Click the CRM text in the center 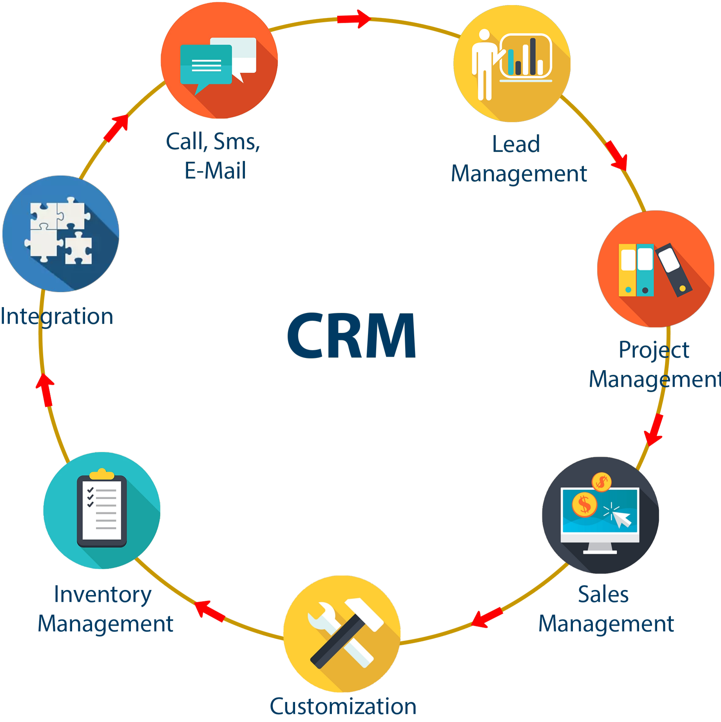(351, 335)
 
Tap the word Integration (57, 317)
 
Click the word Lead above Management (516, 144)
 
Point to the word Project (654, 349)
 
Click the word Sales (603, 594)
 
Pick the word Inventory (103, 594)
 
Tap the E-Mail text (215, 170)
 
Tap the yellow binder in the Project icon (628, 270)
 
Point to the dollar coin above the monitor (601, 482)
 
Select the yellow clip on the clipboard (102, 474)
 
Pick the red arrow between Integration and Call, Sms (116, 128)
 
